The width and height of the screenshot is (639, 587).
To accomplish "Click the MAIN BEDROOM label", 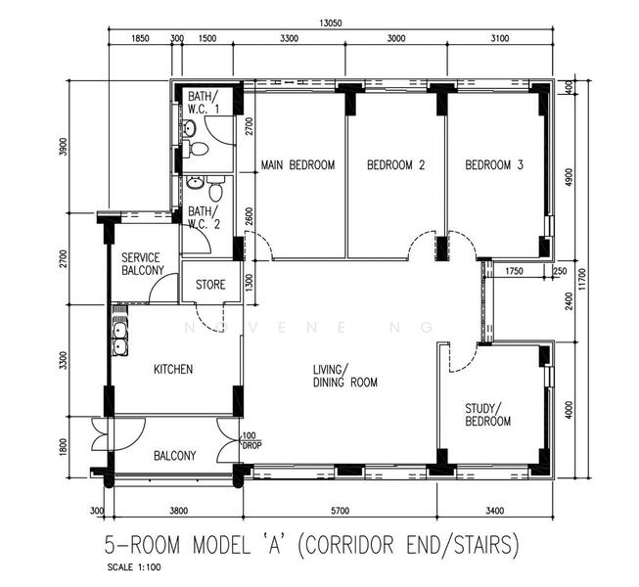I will pyautogui.click(x=297, y=165).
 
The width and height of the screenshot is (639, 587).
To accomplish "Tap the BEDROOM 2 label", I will pyautogui.click(x=395, y=165).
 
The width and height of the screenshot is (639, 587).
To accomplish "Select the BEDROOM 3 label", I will pyautogui.click(x=494, y=165).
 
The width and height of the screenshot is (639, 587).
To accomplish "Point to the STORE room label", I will pyautogui.click(x=210, y=286).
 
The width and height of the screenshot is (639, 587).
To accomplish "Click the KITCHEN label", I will pyautogui.click(x=173, y=370).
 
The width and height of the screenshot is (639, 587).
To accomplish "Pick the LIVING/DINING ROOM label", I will pyautogui.click(x=344, y=376).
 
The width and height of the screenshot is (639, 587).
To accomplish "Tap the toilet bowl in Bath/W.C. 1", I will pyautogui.click(x=198, y=150).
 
